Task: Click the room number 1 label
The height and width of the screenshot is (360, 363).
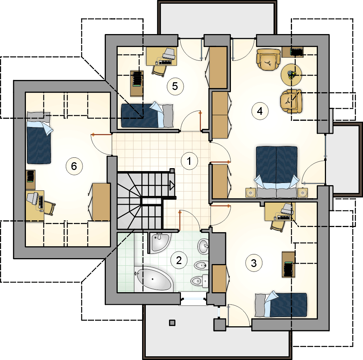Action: pos(189,161)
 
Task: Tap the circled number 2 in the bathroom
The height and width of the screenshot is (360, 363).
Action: pos(179,260)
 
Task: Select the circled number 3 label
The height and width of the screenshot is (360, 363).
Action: pos(254,263)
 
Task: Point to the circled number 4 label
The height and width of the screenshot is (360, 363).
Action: pos(260,111)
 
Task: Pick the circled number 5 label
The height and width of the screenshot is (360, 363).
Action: pos(175,86)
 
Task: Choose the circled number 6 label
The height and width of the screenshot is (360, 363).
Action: pos(74,166)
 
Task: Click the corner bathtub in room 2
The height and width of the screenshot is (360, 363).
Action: pos(154,279)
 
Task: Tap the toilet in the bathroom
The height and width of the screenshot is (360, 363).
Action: pos(199,281)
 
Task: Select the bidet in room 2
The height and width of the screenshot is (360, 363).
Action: pos(201,265)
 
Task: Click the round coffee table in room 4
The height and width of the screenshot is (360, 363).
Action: pos(291,75)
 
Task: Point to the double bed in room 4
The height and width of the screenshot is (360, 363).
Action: pos(276,172)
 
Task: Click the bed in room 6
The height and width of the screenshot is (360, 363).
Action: pos(39,138)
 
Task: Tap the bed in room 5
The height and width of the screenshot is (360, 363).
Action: pos(147,115)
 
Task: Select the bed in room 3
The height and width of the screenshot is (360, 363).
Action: pos(281,304)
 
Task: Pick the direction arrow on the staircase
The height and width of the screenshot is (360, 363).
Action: pos(172,185)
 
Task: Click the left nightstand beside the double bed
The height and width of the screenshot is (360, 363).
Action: pos(250,193)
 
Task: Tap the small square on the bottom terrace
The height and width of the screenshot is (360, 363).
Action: pos(172,323)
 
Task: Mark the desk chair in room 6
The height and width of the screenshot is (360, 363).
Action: pos(50,208)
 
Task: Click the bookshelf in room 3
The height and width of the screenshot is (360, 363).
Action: pos(289,264)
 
